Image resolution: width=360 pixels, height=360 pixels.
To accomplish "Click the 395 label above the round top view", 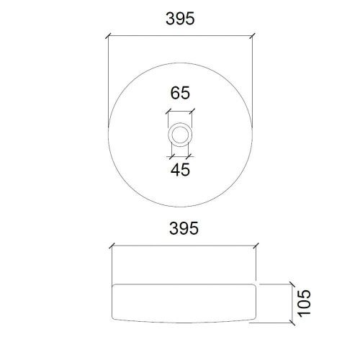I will [180, 19].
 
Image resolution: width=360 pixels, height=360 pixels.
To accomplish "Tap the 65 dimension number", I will [180, 94].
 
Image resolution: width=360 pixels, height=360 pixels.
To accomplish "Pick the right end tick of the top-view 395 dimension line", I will [253, 35].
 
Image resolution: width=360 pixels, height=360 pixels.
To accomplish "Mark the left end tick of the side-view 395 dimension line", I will [110, 246].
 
